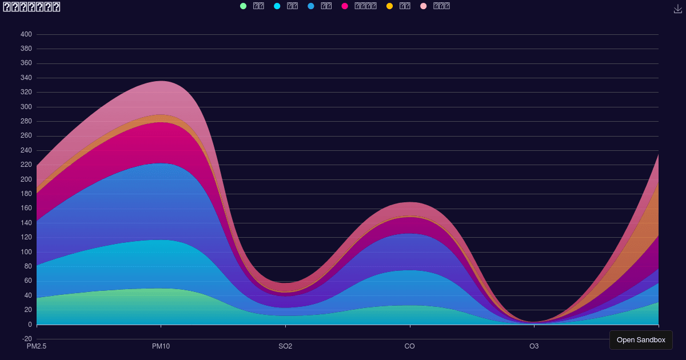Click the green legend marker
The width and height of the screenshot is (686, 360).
tap(244, 6)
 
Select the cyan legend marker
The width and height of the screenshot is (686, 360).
tap(277, 6)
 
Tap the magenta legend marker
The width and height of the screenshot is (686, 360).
tap(345, 6)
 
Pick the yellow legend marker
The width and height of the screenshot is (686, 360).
tap(389, 6)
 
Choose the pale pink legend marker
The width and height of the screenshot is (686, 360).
tap(423, 6)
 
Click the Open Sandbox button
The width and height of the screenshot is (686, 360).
tap(641, 340)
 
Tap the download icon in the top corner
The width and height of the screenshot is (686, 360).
tap(678, 9)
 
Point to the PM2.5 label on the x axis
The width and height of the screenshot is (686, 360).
tap(37, 346)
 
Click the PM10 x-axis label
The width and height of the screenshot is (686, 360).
tap(161, 346)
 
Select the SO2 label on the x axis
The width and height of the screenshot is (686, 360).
tap(285, 346)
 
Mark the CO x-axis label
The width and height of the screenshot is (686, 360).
tap(409, 346)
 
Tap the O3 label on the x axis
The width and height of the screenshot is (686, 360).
tap(534, 346)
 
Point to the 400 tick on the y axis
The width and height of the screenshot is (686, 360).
tap(26, 34)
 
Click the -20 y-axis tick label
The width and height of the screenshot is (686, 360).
tap(26, 339)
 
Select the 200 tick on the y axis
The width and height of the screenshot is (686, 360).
tap(26, 179)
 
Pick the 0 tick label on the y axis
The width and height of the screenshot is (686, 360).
tap(30, 325)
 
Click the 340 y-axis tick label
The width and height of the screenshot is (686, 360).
tap(26, 78)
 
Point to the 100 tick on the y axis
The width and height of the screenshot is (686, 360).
tap(26, 252)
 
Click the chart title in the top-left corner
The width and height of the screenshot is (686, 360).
tap(32, 7)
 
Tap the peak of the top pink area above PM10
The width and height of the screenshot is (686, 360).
tap(161, 81)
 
